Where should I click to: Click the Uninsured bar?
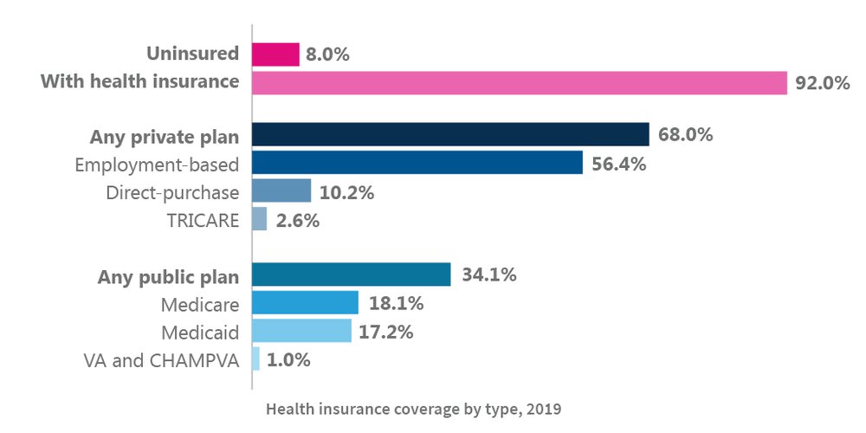point(275,55)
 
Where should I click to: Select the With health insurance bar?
point(519,82)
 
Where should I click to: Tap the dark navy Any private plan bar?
point(450,134)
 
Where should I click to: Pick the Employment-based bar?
point(417,162)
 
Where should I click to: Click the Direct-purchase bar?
point(281,191)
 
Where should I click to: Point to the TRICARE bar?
point(260,219)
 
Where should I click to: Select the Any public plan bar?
point(351,275)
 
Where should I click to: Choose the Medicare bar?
point(305,302)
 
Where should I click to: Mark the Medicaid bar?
point(301,331)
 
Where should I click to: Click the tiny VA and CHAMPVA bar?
point(255,359)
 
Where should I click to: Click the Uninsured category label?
point(192,54)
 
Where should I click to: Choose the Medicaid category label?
point(200,332)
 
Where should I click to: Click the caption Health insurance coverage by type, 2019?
point(420,407)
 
